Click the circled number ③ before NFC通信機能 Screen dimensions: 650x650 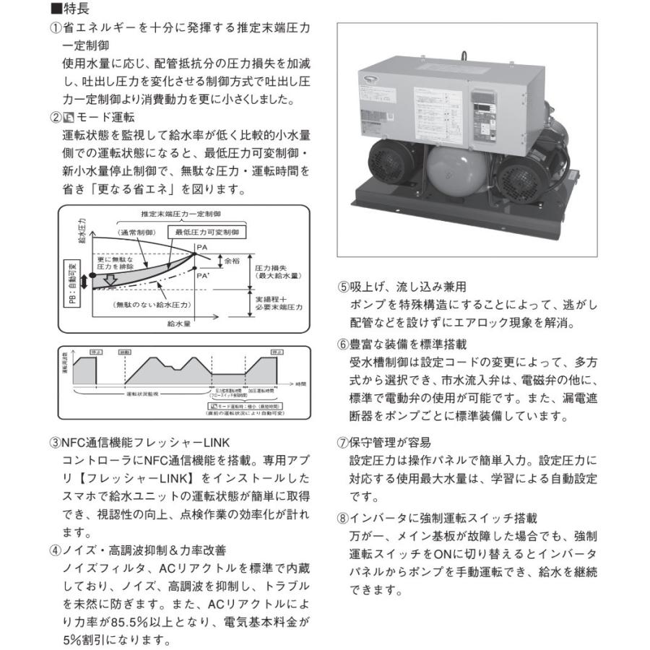click(x=55, y=443)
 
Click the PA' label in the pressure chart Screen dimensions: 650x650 click(x=204, y=274)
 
